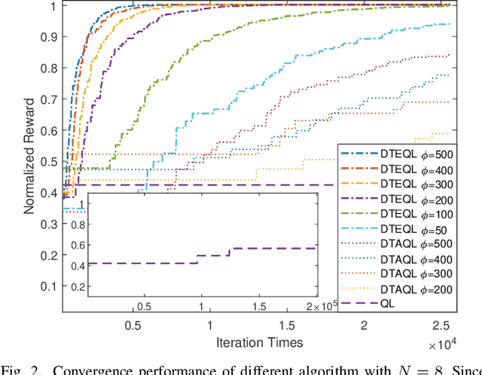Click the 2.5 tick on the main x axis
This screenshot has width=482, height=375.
(x=440, y=324)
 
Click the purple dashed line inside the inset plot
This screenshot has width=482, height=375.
(x=151, y=263)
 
